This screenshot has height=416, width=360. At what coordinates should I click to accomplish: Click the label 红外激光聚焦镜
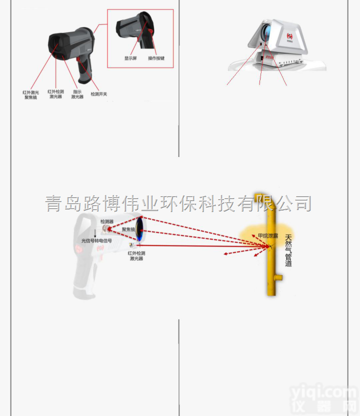pyautogui.click(x=31, y=95)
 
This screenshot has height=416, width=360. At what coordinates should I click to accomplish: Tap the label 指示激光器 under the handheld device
pyautogui.click(x=77, y=94)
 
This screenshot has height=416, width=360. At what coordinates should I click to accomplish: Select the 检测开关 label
pyautogui.click(x=98, y=94)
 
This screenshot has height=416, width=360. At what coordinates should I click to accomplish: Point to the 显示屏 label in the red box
pyautogui.click(x=131, y=58)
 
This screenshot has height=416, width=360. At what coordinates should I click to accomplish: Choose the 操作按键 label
pyautogui.click(x=156, y=58)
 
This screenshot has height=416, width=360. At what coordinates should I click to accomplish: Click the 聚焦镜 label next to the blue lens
pyautogui.click(x=128, y=229)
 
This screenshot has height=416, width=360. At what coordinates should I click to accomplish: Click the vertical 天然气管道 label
pyautogui.click(x=288, y=250)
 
